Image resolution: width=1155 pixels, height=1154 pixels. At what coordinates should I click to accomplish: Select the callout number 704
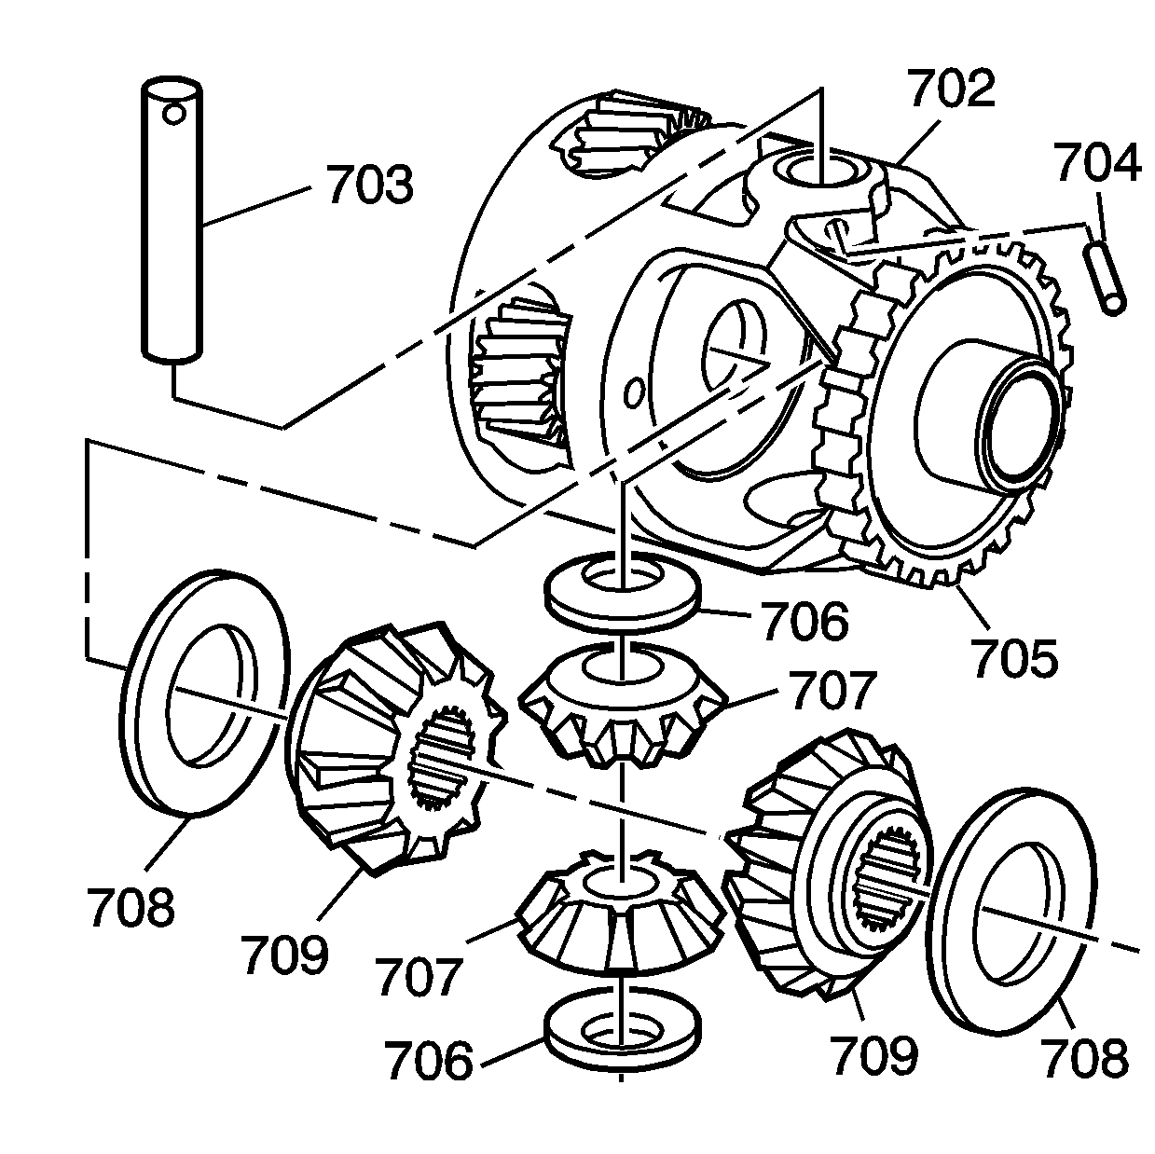click(x=1097, y=163)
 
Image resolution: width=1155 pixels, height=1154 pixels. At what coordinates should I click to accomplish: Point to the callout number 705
click(x=1015, y=658)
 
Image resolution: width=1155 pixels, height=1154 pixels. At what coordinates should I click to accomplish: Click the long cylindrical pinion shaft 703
click(x=173, y=233)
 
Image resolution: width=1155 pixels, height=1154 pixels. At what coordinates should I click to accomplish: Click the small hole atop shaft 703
click(x=173, y=114)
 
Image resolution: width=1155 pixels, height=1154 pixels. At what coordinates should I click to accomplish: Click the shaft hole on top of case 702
click(x=820, y=172)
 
